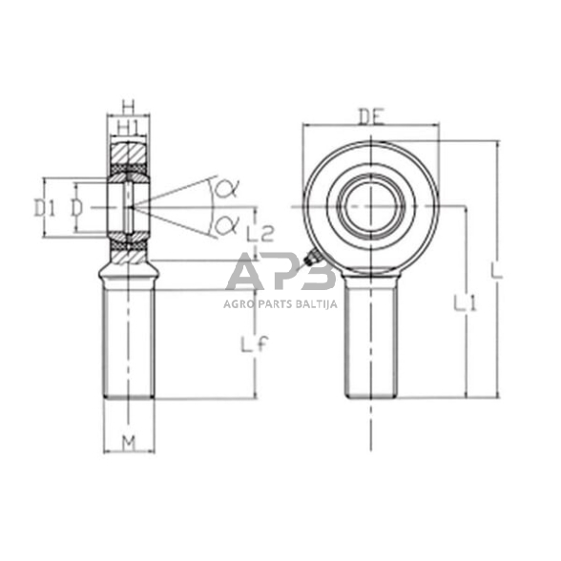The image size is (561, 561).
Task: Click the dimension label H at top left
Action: pyautogui.click(x=127, y=107)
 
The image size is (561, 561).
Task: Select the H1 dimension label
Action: pyautogui.click(x=127, y=127)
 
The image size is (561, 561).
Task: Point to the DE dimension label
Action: pyautogui.click(x=371, y=116)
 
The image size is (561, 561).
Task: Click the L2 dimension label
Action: pyautogui.click(x=260, y=231)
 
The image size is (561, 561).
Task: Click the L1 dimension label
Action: pyautogui.click(x=465, y=304)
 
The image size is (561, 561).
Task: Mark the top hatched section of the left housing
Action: pyautogui.click(x=127, y=154)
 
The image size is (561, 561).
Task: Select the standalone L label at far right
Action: pyautogui.click(x=496, y=273)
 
